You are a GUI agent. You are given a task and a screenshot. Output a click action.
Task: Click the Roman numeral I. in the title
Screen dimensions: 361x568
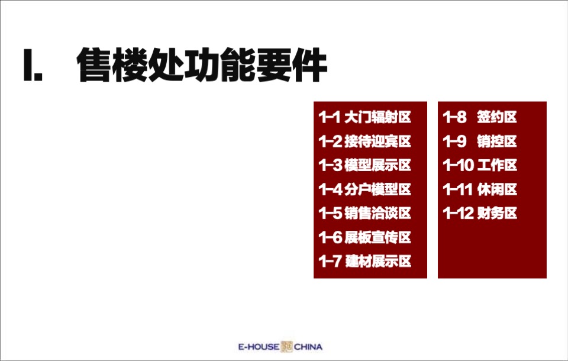click(33, 66)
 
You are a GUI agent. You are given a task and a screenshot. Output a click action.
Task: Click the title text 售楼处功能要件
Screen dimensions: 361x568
click(202, 66)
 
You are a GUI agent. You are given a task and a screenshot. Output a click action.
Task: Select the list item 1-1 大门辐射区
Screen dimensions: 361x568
click(365, 117)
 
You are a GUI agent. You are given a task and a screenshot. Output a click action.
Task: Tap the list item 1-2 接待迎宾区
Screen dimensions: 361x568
click(365, 141)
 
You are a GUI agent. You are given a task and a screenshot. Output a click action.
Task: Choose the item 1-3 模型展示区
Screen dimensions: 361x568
click(365, 165)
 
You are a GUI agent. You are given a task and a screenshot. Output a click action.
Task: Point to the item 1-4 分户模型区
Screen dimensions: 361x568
click(365, 189)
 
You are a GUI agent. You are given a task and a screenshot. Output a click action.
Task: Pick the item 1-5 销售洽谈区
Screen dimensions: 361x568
click(365, 213)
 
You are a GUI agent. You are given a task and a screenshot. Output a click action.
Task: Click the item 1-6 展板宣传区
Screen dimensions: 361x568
click(365, 237)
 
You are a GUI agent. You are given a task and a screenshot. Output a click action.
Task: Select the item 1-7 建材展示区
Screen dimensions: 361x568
click(365, 261)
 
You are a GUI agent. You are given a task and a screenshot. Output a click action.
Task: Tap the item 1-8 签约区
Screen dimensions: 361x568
click(480, 117)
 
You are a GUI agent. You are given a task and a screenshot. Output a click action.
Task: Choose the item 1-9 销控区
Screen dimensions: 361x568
click(480, 141)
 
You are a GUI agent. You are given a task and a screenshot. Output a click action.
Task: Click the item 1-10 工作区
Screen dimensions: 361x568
click(480, 165)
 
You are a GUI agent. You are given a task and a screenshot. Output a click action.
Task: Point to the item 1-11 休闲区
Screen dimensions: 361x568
click(480, 189)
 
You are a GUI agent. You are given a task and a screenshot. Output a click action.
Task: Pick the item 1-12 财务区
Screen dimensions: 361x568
click(480, 213)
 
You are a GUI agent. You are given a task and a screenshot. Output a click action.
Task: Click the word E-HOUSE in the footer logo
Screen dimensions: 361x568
click(258, 347)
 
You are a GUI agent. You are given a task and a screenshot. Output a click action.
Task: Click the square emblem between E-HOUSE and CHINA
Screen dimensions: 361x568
click(286, 347)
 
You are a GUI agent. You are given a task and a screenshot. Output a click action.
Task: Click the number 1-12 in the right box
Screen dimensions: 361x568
click(458, 213)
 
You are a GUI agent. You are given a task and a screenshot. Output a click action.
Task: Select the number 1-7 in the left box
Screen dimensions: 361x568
click(330, 261)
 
